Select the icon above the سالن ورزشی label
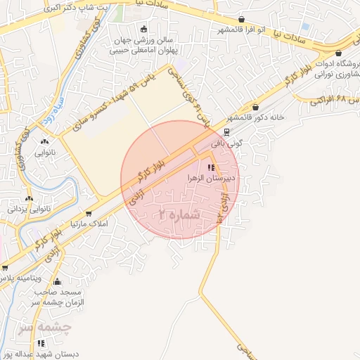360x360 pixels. click(x=144, y=30)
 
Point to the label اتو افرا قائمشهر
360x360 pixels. click(x=241, y=30)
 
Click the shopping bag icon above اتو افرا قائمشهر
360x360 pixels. click(x=242, y=19)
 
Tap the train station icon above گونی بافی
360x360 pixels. click(x=226, y=131)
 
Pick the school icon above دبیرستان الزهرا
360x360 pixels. click(x=211, y=167)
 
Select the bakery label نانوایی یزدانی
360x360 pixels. click(x=27, y=209)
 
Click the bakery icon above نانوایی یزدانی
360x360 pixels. click(x=29, y=198)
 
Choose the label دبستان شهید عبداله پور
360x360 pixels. click(x=44, y=353)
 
